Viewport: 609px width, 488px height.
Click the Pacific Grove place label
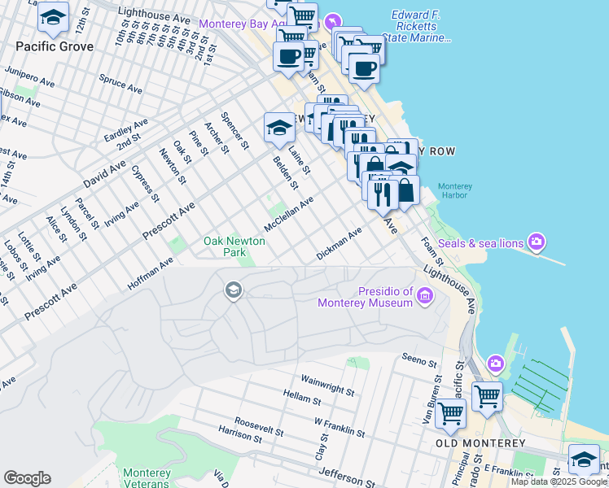(53, 46)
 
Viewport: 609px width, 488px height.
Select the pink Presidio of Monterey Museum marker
(424, 298)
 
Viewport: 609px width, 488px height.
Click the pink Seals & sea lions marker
(536, 242)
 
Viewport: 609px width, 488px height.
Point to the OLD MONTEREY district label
(472, 443)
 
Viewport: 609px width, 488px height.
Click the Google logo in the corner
(27, 478)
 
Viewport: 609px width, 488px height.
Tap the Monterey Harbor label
(455, 191)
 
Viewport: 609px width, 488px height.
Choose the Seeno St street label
(421, 358)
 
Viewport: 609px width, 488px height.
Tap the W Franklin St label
(339, 426)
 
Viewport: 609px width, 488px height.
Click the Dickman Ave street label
(339, 245)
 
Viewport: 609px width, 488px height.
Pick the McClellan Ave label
(288, 214)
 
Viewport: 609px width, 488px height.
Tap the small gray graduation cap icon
(233, 291)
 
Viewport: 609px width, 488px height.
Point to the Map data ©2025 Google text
(559, 481)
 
